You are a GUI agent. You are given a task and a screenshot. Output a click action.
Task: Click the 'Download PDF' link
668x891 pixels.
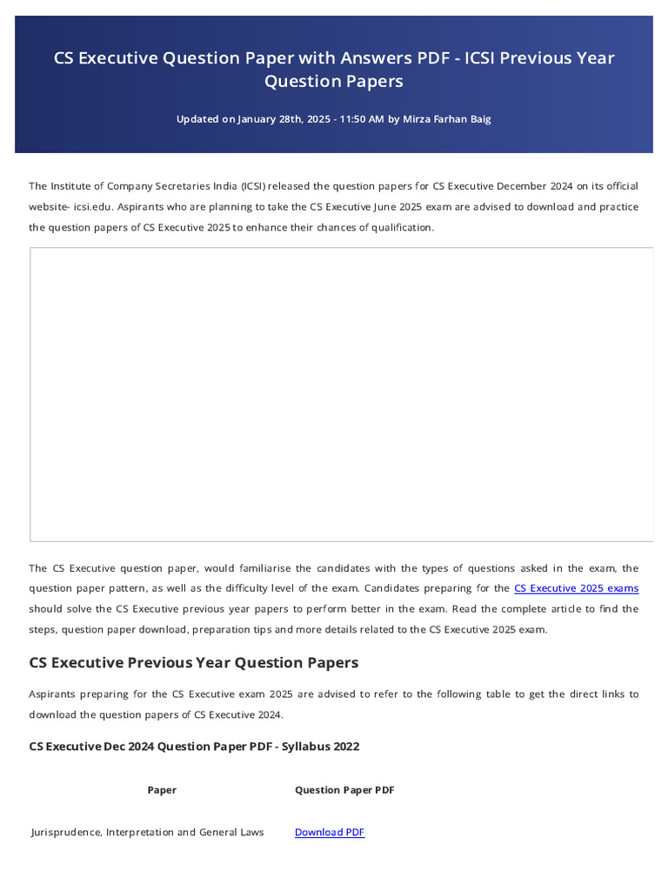click(x=330, y=833)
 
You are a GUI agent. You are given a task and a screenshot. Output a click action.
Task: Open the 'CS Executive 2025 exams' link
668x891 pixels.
click(x=576, y=589)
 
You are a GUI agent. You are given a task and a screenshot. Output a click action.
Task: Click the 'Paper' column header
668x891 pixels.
click(x=162, y=790)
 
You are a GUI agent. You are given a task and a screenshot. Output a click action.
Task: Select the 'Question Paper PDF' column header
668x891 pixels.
click(x=344, y=790)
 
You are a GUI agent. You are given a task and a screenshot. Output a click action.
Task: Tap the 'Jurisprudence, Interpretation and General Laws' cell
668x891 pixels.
click(x=147, y=833)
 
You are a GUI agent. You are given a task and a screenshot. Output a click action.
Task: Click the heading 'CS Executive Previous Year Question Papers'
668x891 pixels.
click(x=193, y=662)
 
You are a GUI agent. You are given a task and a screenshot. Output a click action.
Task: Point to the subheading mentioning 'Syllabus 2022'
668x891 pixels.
click(x=194, y=747)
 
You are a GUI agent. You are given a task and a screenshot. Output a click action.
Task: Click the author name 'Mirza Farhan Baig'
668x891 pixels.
click(x=447, y=119)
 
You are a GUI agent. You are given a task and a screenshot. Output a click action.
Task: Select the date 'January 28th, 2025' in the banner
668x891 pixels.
click(x=284, y=119)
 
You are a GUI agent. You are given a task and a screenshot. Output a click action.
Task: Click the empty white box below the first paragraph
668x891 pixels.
click(x=341, y=394)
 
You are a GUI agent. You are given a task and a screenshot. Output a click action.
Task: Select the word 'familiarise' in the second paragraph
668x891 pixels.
click(x=281, y=568)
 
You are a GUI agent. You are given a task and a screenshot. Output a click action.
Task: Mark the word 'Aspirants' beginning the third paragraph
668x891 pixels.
click(x=52, y=694)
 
